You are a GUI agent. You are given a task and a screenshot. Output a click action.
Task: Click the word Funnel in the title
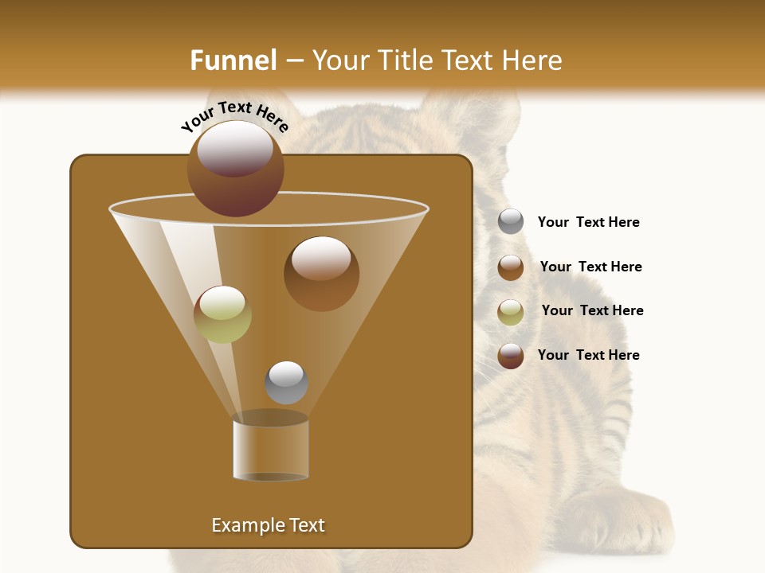[x=233, y=60]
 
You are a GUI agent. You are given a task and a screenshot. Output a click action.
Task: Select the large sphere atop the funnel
[x=236, y=169]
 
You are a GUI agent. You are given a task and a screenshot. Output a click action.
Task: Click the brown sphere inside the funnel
[x=321, y=274]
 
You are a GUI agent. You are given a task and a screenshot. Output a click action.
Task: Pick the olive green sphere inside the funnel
[x=222, y=314]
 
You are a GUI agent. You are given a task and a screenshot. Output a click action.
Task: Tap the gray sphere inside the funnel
[x=286, y=383]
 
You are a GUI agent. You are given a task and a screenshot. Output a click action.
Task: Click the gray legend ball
[x=511, y=221]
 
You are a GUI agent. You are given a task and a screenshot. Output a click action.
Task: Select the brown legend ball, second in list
[x=511, y=267]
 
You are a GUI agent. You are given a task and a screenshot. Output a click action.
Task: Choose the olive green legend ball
[x=511, y=312]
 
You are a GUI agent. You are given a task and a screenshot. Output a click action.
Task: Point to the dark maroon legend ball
[x=511, y=356]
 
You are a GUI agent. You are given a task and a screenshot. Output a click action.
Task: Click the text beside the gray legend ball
[x=588, y=222]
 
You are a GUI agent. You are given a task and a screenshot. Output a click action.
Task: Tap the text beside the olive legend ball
[x=592, y=310]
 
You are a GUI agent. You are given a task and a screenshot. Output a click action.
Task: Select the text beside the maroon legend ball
[x=588, y=355]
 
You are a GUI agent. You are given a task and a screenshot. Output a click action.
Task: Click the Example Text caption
[x=269, y=525]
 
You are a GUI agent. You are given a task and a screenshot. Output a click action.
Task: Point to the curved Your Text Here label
[x=234, y=117]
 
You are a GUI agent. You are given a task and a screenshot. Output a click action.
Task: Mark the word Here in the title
[x=530, y=60]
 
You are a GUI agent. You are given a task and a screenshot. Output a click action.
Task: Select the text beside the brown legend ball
[x=590, y=267]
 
